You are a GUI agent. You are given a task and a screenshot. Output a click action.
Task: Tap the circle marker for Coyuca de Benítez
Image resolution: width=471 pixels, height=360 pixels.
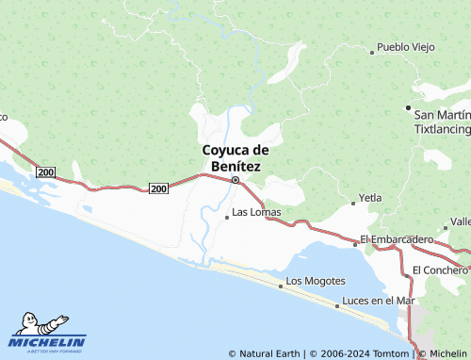(x=235, y=179)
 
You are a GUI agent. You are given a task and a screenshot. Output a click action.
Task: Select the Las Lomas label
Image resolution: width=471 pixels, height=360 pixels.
(x=256, y=212)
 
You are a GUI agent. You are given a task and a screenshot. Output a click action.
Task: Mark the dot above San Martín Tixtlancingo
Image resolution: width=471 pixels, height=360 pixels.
(x=408, y=106)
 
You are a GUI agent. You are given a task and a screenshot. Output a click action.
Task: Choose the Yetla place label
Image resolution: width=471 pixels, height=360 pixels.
(x=369, y=200)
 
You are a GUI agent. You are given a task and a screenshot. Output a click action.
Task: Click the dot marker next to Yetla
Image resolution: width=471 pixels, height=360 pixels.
(x=351, y=203)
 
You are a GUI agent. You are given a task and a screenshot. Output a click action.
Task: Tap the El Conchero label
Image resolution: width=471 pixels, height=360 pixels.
(x=440, y=270)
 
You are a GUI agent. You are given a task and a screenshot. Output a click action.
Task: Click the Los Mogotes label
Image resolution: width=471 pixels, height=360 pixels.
(x=316, y=281)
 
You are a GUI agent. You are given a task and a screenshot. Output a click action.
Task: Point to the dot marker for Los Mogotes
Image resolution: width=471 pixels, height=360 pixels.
(x=281, y=284)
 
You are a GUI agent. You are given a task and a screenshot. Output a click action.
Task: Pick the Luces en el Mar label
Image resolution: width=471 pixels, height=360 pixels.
(x=379, y=301)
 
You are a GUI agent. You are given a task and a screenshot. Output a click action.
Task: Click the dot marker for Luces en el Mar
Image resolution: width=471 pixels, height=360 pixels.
(x=338, y=305)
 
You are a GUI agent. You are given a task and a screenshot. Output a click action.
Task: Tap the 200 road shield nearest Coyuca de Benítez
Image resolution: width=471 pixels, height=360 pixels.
(x=158, y=189)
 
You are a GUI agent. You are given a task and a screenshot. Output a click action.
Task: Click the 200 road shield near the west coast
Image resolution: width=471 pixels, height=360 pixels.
(x=46, y=172)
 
